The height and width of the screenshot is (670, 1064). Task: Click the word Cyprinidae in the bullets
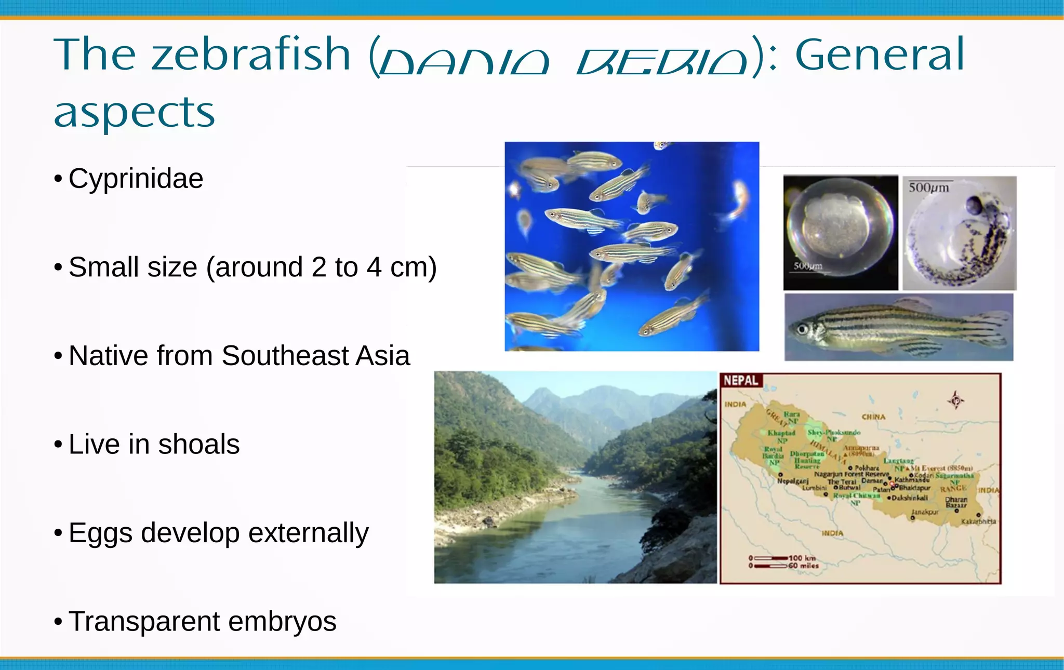(136, 179)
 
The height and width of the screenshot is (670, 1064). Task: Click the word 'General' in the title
(879, 55)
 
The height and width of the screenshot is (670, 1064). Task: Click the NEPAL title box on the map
(741, 381)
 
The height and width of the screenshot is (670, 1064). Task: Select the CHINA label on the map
(873, 417)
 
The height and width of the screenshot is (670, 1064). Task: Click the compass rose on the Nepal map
(955, 400)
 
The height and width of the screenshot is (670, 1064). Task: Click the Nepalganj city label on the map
(792, 481)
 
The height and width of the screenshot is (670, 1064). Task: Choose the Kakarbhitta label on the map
(979, 521)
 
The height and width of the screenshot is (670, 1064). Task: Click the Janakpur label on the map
(925, 512)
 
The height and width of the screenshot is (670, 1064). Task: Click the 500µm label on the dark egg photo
(808, 266)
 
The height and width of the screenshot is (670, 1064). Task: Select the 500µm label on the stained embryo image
(929, 187)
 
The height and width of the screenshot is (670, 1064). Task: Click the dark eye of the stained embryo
(973, 205)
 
